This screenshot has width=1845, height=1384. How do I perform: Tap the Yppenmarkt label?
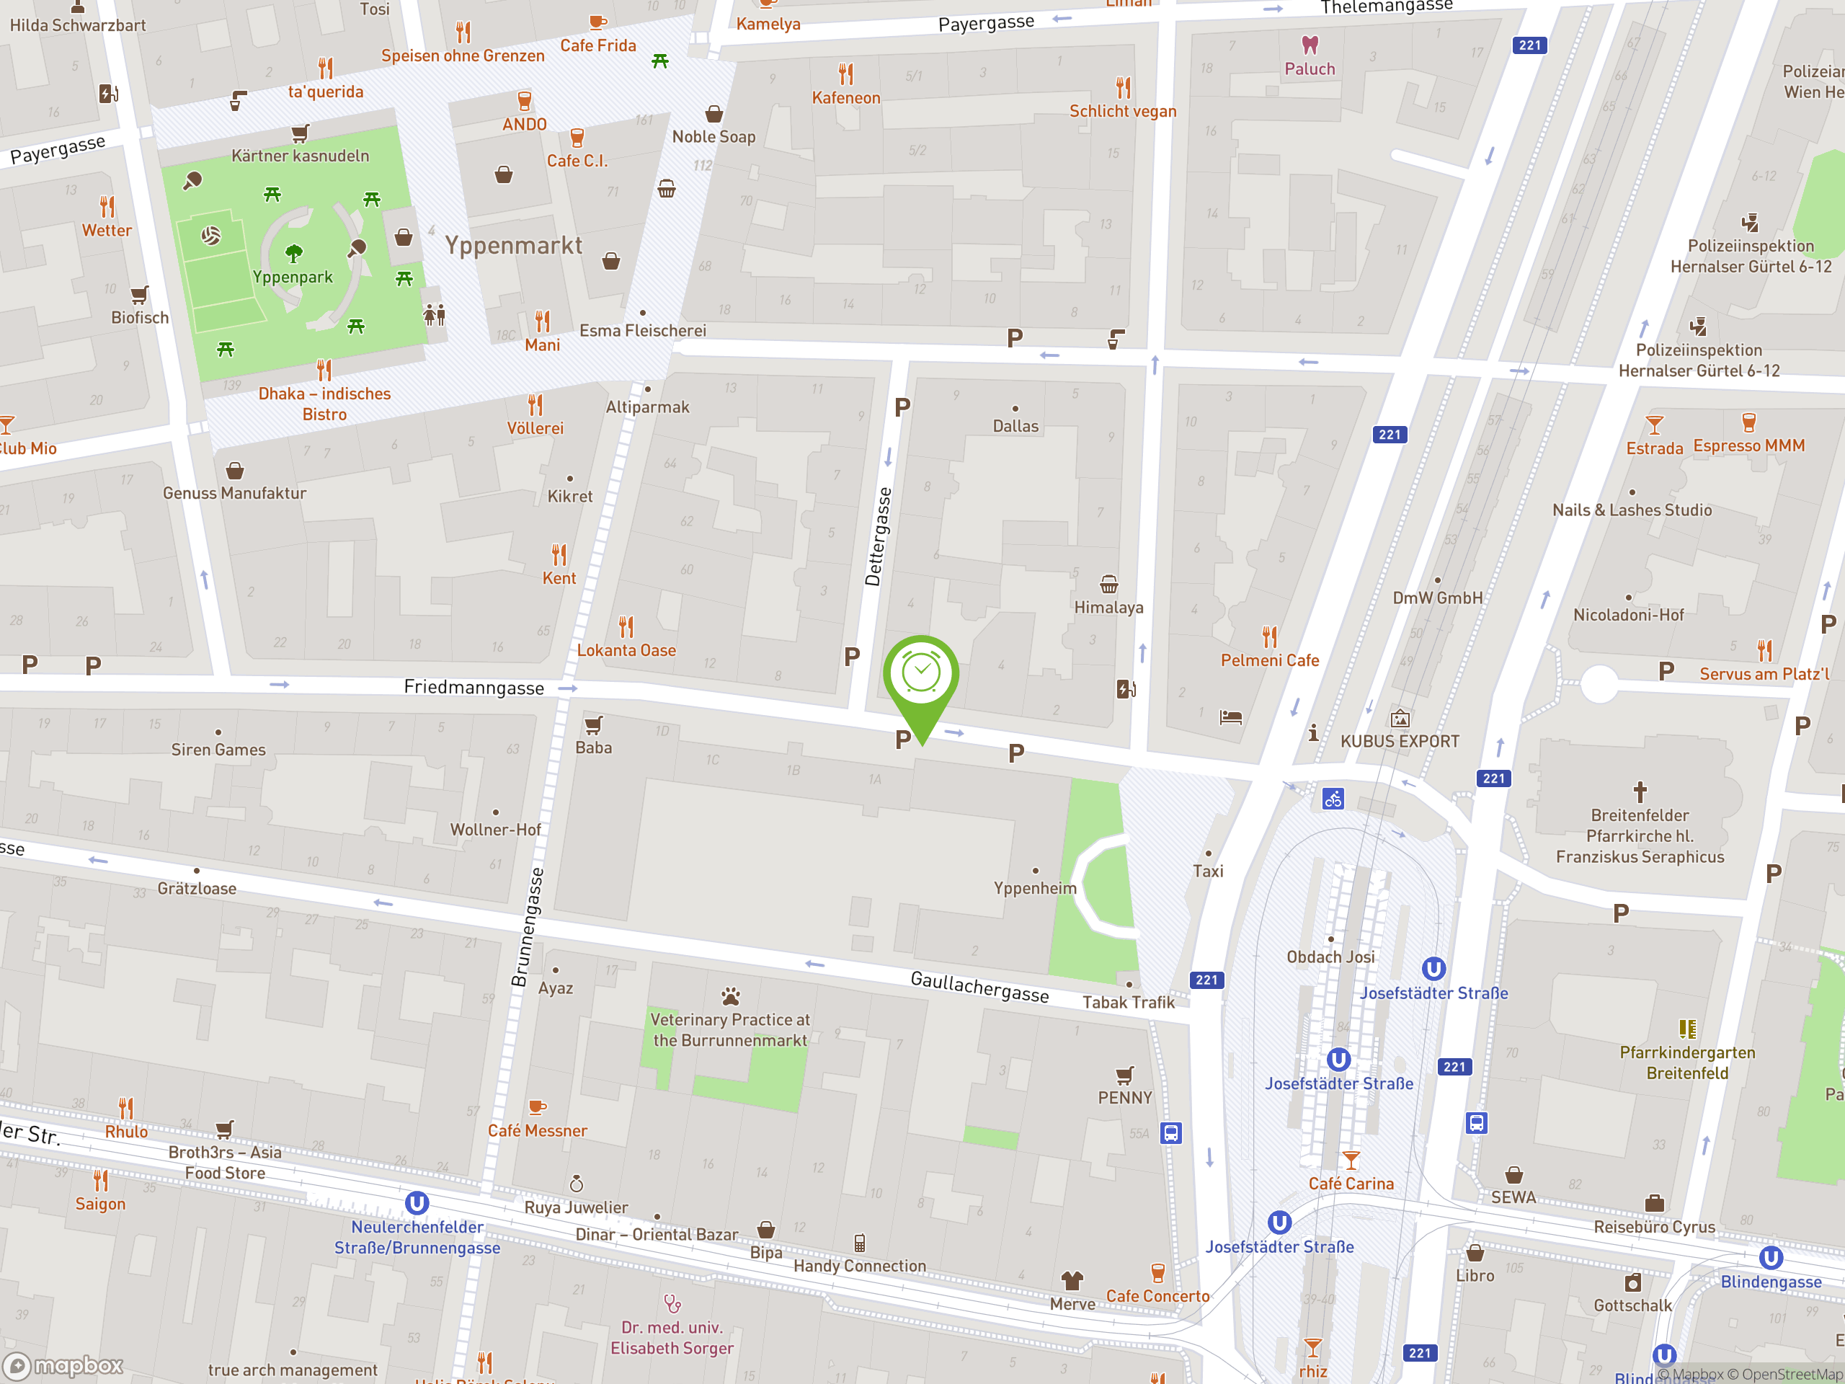coord(513,245)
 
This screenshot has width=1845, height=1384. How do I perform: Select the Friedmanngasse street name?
coord(474,688)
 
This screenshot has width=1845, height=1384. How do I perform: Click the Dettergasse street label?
coord(878,536)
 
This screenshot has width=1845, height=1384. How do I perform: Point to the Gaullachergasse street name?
coord(979,986)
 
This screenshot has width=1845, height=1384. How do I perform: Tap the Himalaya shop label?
coord(1108,608)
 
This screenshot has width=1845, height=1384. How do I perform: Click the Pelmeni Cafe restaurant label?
coord(1269,660)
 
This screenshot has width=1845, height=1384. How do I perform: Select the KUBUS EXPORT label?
coord(1400,741)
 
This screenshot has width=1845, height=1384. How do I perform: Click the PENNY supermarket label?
coord(1124,1097)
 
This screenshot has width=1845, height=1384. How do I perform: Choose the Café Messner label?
coord(537,1130)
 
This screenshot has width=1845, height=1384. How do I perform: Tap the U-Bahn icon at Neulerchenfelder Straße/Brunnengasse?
coord(417,1203)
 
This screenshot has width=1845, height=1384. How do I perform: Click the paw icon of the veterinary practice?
coord(731,996)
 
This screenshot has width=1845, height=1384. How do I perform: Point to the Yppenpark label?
coord(293,277)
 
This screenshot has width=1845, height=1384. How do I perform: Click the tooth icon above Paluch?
coord(1310,44)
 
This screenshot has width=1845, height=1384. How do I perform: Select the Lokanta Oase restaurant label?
coord(626,650)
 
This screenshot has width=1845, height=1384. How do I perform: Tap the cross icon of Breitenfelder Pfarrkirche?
coord(1640,791)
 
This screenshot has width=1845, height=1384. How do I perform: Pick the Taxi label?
coord(1208,871)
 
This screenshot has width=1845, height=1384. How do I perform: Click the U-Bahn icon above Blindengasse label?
coord(1771,1257)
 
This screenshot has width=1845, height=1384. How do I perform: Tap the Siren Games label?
coord(218,749)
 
